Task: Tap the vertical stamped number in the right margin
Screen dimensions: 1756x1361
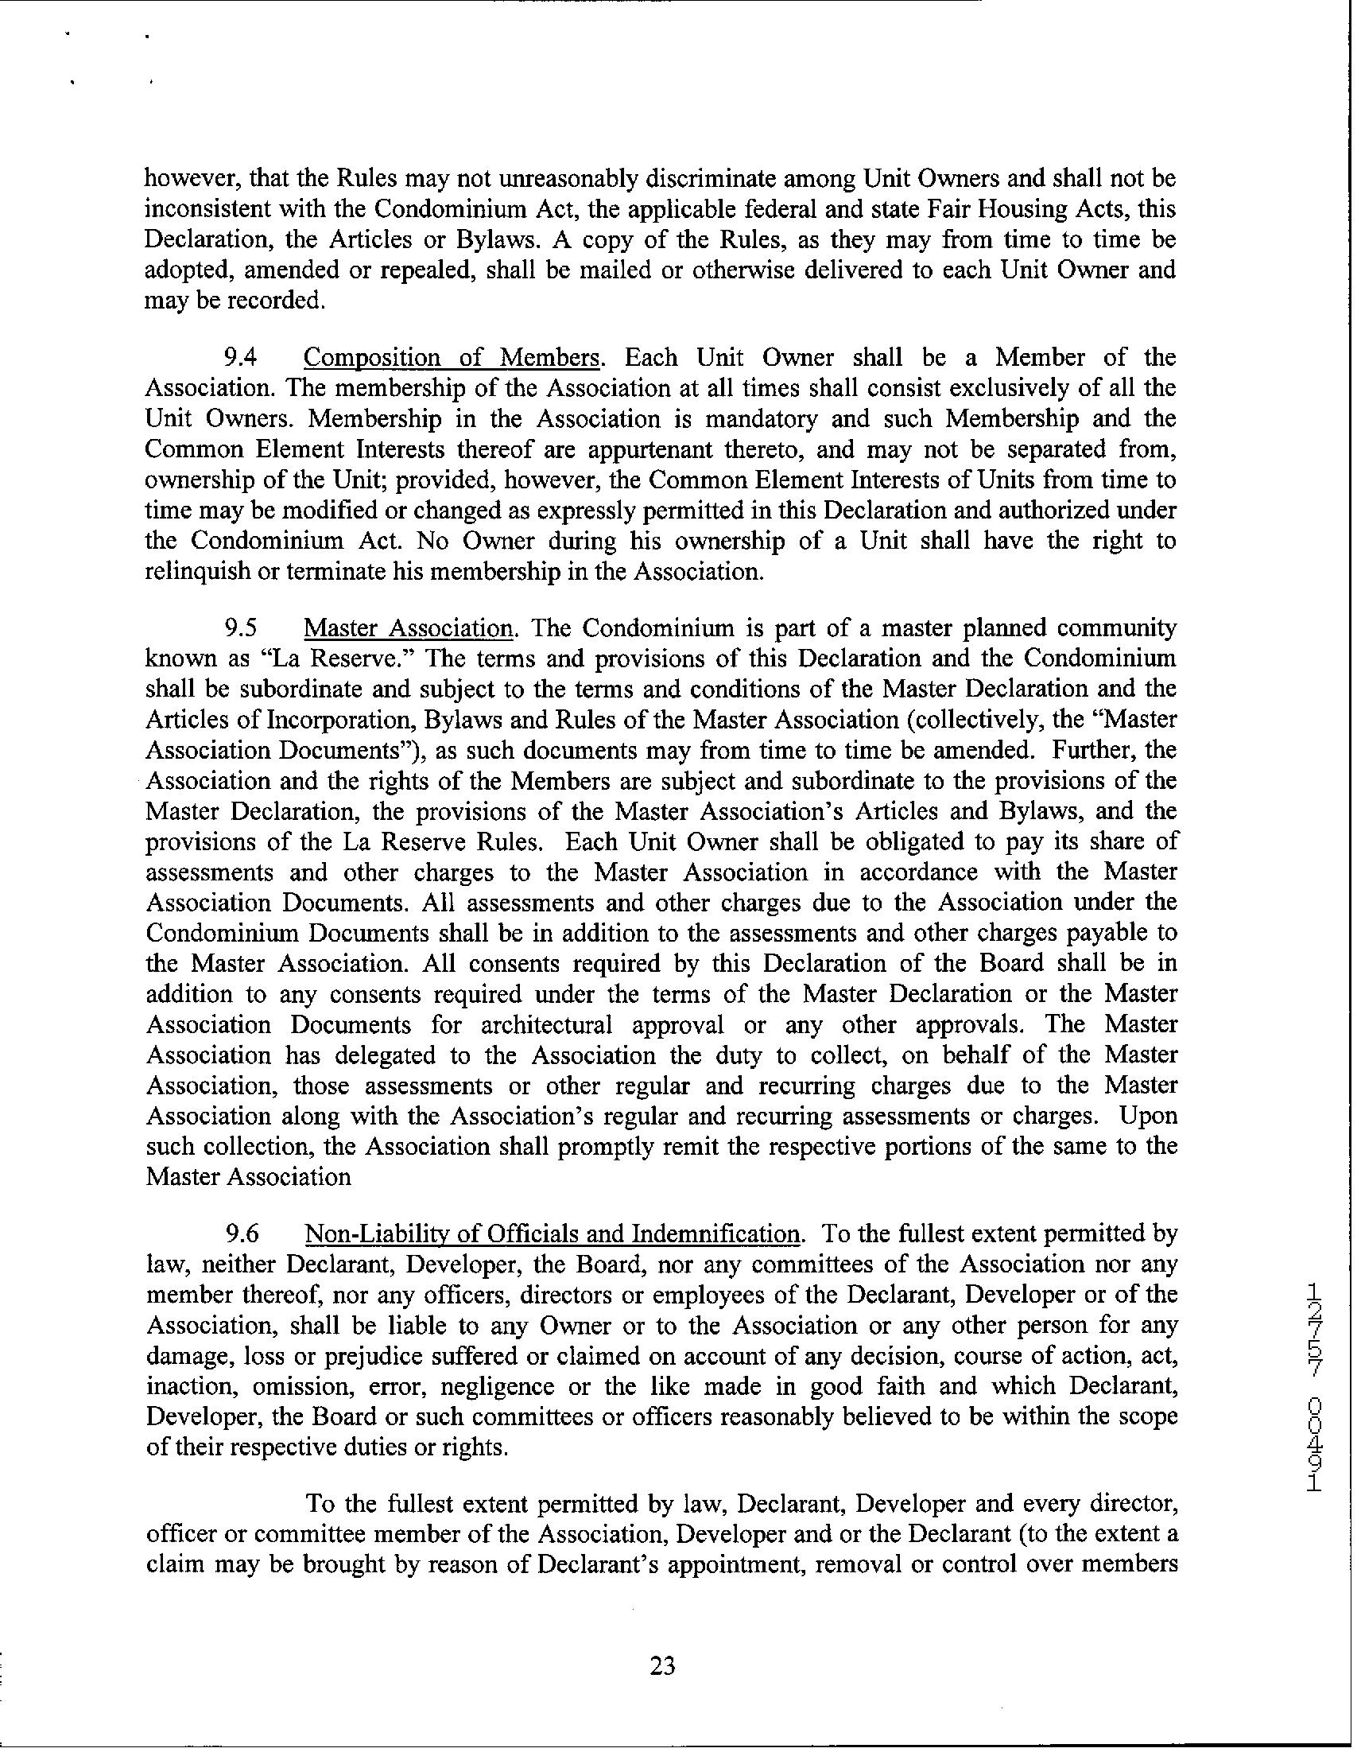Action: click(x=1313, y=1409)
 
